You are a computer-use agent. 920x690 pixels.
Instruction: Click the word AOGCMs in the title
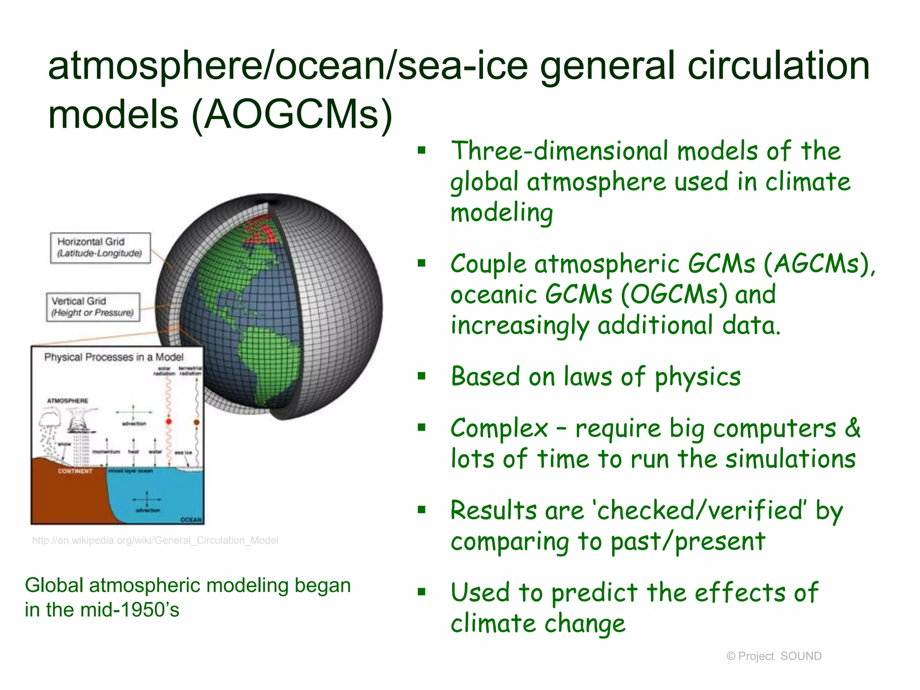click(x=292, y=115)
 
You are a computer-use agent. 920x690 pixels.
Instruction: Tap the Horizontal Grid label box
click(x=100, y=248)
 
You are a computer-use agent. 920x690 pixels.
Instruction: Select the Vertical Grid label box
click(x=93, y=307)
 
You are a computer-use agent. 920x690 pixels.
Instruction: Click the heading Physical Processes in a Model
click(x=114, y=357)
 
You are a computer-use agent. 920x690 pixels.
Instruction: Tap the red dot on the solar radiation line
click(x=169, y=421)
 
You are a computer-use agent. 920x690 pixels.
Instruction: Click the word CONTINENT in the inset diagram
click(x=75, y=471)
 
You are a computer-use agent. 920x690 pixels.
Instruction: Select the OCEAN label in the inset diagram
click(x=191, y=519)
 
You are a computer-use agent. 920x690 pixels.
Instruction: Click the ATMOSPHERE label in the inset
click(x=68, y=400)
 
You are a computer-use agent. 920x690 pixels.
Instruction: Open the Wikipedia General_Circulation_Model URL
click(x=155, y=540)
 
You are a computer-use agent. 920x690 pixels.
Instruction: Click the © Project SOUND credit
click(x=774, y=656)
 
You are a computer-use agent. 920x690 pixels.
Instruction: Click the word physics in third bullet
click(x=697, y=377)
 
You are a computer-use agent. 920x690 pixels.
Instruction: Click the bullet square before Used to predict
click(x=421, y=592)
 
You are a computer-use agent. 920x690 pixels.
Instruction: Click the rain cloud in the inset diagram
click(x=49, y=418)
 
